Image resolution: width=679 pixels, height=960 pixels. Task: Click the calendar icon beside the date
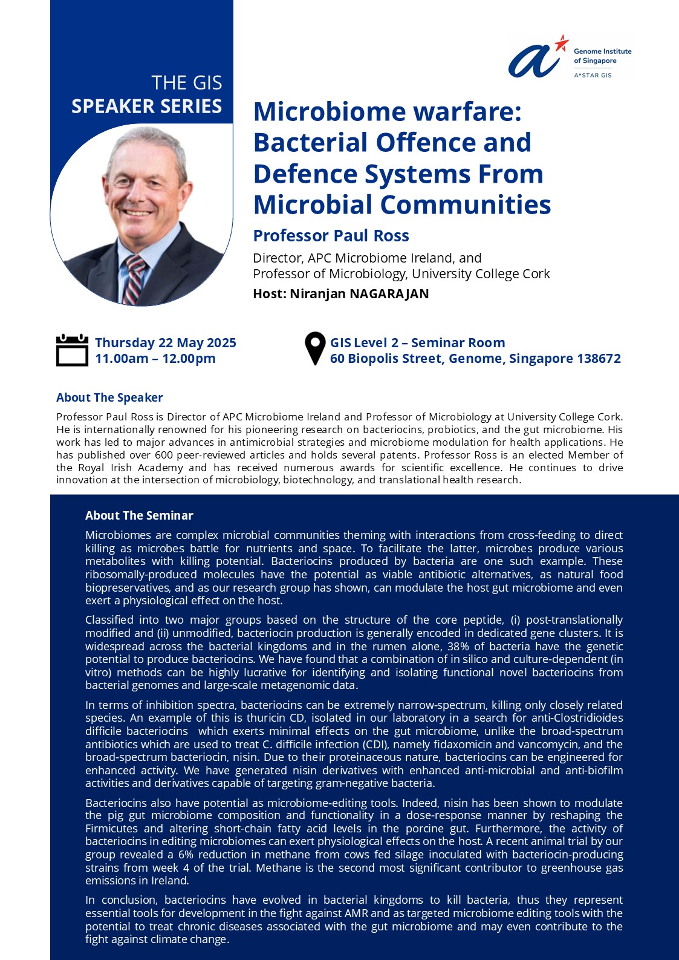72,350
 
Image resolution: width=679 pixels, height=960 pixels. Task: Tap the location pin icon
315,348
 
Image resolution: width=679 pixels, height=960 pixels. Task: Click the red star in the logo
562,42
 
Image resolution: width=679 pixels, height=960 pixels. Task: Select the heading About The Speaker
109,397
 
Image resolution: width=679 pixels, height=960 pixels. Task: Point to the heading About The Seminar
139,515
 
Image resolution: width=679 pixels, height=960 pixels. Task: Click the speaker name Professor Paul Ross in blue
331,236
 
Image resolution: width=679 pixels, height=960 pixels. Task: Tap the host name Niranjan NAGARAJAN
359,294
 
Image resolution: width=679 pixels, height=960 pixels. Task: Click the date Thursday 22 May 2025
165,343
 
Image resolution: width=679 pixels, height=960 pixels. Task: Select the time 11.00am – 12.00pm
155,359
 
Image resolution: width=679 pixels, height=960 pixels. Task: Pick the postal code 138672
599,359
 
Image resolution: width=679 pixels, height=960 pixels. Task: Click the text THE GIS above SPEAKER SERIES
186,83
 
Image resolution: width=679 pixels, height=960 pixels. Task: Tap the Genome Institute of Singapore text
602,56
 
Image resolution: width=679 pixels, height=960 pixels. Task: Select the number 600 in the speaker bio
164,455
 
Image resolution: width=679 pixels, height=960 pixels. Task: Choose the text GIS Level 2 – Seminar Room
417,343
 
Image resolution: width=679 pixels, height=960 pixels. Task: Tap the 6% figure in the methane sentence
185,855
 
